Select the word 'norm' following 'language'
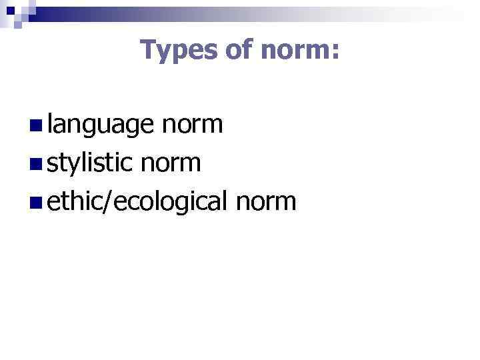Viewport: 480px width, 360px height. coord(192,125)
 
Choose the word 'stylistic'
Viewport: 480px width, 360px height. coord(91,162)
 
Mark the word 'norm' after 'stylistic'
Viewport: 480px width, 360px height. coord(171,162)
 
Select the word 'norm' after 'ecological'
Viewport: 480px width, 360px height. coord(265,200)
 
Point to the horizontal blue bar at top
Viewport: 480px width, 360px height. coord(253,9)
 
